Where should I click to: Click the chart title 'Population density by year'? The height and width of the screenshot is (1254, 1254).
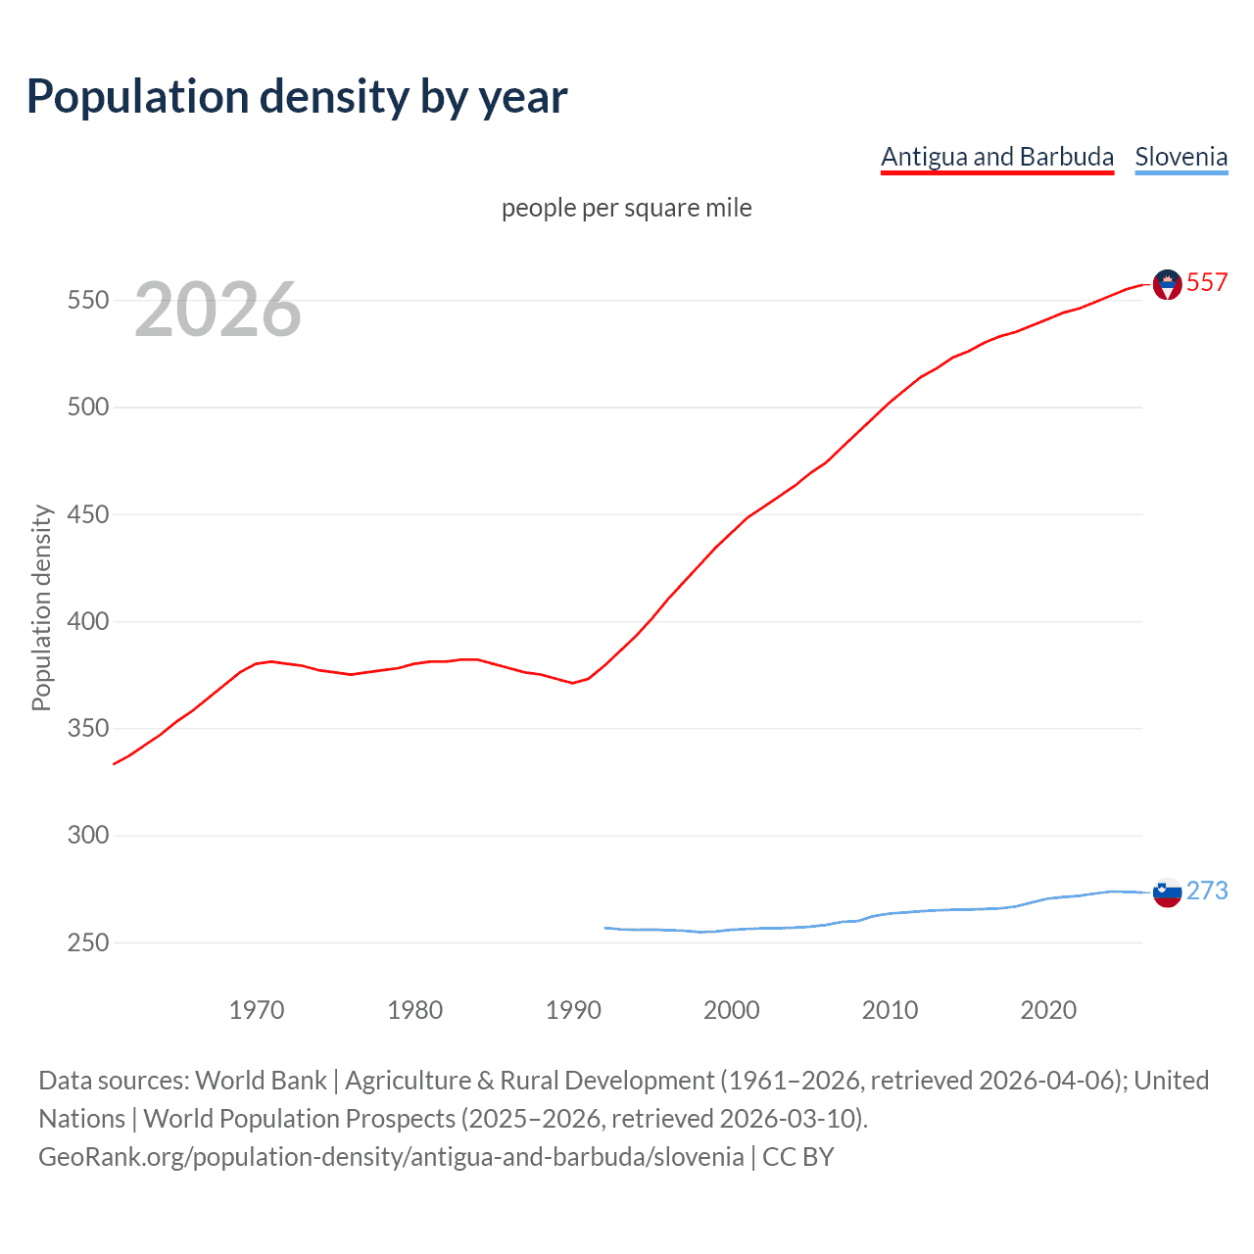coord(297,96)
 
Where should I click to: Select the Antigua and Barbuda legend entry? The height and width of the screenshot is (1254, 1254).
coord(996,157)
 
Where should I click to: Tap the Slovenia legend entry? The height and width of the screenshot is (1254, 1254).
coord(1181,157)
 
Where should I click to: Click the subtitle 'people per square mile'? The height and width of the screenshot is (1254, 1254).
coord(626,208)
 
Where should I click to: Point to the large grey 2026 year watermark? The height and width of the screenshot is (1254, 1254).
coord(217,310)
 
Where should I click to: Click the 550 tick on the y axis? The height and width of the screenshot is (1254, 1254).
coord(87,300)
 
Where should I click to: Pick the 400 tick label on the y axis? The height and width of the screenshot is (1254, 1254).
coord(87,621)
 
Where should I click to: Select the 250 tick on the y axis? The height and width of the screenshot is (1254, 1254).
coord(87,942)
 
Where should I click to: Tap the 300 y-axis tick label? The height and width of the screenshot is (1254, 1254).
coord(87,836)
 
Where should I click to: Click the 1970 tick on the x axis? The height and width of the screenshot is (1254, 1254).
coord(257,1010)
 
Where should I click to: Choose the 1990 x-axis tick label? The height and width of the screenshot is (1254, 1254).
coord(573,1010)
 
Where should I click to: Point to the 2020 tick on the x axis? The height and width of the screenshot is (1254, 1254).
coord(1048,1010)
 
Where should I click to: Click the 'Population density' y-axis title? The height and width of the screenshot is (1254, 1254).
coord(41,607)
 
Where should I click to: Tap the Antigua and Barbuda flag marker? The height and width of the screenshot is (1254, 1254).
coord(1167,284)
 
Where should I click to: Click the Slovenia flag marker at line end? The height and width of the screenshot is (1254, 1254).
coord(1167,892)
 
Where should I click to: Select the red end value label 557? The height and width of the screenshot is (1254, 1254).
coord(1207,282)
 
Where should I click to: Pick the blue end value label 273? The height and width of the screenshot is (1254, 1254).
coord(1207,891)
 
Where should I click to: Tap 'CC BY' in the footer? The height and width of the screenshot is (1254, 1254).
coord(797,1157)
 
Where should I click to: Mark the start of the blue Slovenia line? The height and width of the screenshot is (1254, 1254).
coord(605,928)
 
